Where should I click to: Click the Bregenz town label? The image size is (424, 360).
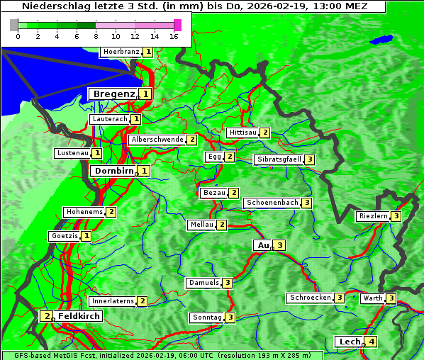click(113, 94)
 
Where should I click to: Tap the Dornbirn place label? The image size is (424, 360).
click(113, 171)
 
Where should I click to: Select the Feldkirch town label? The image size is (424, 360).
click(79, 316)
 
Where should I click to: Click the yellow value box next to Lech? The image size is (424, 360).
click(372, 342)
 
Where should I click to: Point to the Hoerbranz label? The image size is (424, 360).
click(121, 52)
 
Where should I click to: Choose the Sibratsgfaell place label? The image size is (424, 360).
click(279, 159)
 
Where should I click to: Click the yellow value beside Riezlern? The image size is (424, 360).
click(396, 216)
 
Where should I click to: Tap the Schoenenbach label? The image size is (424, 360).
click(272, 203)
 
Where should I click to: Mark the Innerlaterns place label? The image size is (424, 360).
click(113, 301)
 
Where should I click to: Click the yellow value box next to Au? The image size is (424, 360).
click(280, 245)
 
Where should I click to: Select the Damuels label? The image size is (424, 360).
click(203, 283)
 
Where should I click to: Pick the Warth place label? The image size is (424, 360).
click(373, 298)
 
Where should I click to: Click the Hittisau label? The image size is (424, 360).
click(242, 133)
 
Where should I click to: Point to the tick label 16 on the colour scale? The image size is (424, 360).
click(174, 36)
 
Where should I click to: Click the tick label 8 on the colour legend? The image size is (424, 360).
click(96, 36)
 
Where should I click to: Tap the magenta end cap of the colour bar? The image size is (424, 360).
click(177, 25)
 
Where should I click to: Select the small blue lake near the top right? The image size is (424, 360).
click(382, 40)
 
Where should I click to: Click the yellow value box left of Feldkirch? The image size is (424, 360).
click(46, 316)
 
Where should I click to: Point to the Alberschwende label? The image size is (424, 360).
click(157, 140)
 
